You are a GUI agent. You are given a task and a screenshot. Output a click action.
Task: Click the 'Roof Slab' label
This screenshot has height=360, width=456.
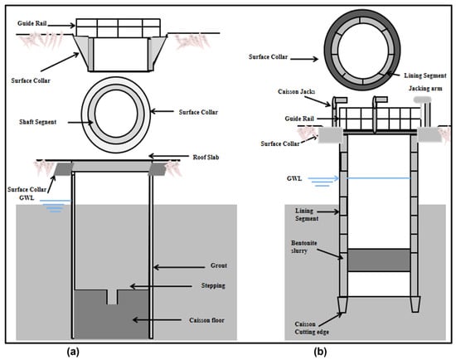click(x=206, y=157)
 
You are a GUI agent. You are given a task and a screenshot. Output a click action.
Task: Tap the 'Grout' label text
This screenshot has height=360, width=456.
click(x=219, y=265)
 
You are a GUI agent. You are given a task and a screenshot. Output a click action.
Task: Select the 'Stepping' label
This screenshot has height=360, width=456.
click(x=213, y=285)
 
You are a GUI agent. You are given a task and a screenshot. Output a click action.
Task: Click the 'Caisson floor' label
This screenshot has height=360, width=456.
click(x=206, y=320)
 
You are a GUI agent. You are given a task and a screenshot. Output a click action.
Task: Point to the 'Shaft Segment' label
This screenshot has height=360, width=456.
click(x=38, y=122)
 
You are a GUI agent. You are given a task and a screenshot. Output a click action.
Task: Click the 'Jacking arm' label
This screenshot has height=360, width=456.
click(x=425, y=88)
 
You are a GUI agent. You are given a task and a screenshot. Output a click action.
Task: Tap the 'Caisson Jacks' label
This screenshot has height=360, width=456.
click(x=296, y=92)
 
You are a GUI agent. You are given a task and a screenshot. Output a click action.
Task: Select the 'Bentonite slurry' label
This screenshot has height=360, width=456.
click(x=304, y=246)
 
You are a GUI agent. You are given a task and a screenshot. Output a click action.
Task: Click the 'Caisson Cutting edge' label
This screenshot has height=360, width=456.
click(x=312, y=328)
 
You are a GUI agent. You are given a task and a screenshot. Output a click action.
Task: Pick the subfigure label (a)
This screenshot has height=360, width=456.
click(x=73, y=352)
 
